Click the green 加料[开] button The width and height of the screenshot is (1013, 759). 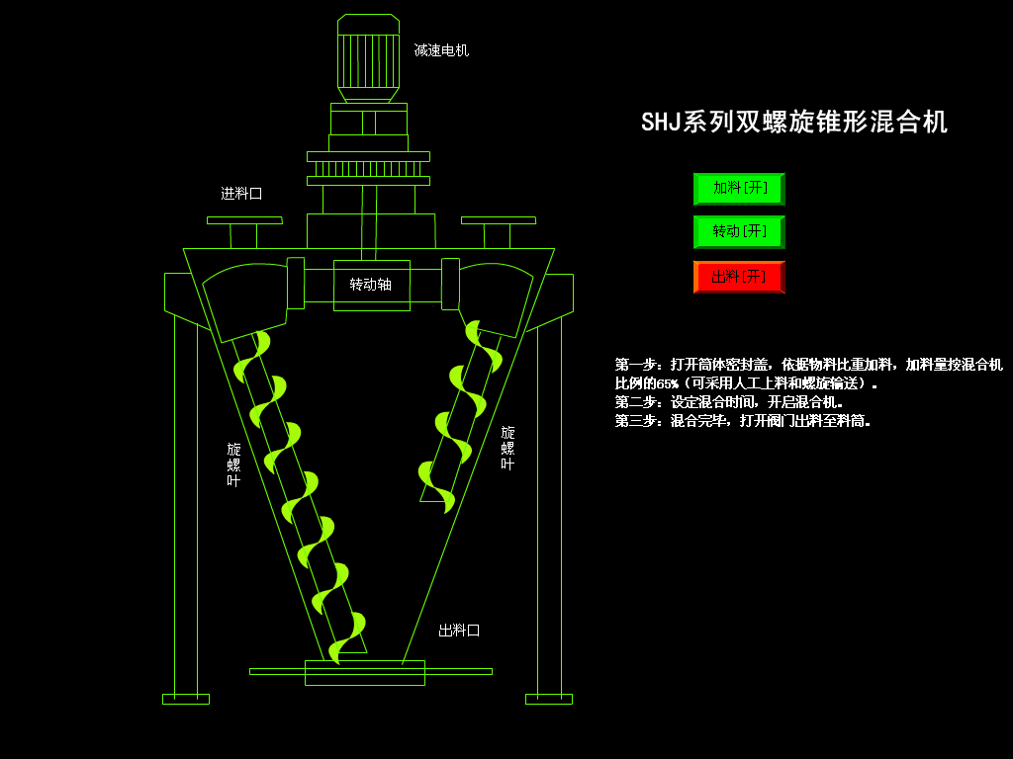pos(739,188)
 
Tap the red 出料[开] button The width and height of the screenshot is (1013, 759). pos(739,277)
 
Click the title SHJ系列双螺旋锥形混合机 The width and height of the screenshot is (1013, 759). pos(793,122)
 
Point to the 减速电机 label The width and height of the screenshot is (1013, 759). pos(441,49)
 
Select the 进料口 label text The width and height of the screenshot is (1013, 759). pos(241,194)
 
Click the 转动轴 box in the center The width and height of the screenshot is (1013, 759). pos(371,285)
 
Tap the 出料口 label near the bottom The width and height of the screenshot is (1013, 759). pos(459,630)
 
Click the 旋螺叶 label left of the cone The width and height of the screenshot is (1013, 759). pos(233,464)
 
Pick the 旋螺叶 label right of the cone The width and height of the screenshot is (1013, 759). pos(507,448)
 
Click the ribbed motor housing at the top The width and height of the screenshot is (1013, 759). pos(368,59)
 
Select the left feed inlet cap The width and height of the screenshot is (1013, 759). pos(244,220)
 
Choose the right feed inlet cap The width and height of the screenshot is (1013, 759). pos(498,220)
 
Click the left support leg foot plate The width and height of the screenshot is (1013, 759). pos(186,699)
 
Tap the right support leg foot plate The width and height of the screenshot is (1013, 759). pos(549,699)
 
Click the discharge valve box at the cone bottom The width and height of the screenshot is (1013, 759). pos(364,673)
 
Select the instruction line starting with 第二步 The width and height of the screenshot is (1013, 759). pos(729,402)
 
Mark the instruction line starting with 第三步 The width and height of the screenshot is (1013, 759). pos(743,421)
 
